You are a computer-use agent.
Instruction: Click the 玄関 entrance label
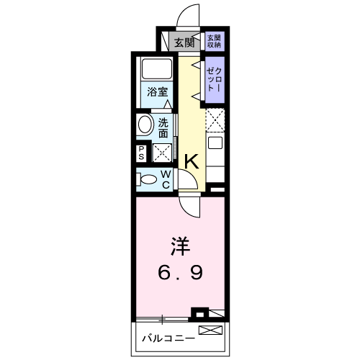pyautogui.click(x=184, y=42)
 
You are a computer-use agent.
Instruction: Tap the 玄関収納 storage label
pyautogui.click(x=214, y=41)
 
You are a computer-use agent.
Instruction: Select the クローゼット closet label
pyautogui.click(x=215, y=80)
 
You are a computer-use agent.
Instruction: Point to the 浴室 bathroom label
pyautogui.click(x=157, y=92)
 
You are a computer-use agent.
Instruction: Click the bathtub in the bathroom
pyautogui.click(x=157, y=68)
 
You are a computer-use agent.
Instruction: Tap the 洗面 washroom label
pyautogui.click(x=163, y=128)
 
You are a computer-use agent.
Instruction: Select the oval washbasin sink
pyautogui.click(x=145, y=125)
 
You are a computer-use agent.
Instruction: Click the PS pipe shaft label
pyautogui.click(x=141, y=153)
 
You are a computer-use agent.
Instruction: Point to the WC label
pyautogui.click(x=166, y=179)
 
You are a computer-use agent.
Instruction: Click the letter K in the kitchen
pyautogui.click(x=192, y=162)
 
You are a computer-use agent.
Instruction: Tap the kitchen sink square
pyautogui.click(x=215, y=143)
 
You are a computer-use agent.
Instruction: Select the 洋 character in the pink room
pyautogui.click(x=180, y=246)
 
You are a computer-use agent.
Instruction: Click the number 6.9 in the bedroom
pyautogui.click(x=181, y=272)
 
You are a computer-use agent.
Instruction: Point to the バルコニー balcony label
pyautogui.click(x=168, y=338)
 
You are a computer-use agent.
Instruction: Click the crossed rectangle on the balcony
pyautogui.click(x=210, y=330)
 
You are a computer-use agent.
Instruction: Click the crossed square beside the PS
pyautogui.click(x=162, y=153)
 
